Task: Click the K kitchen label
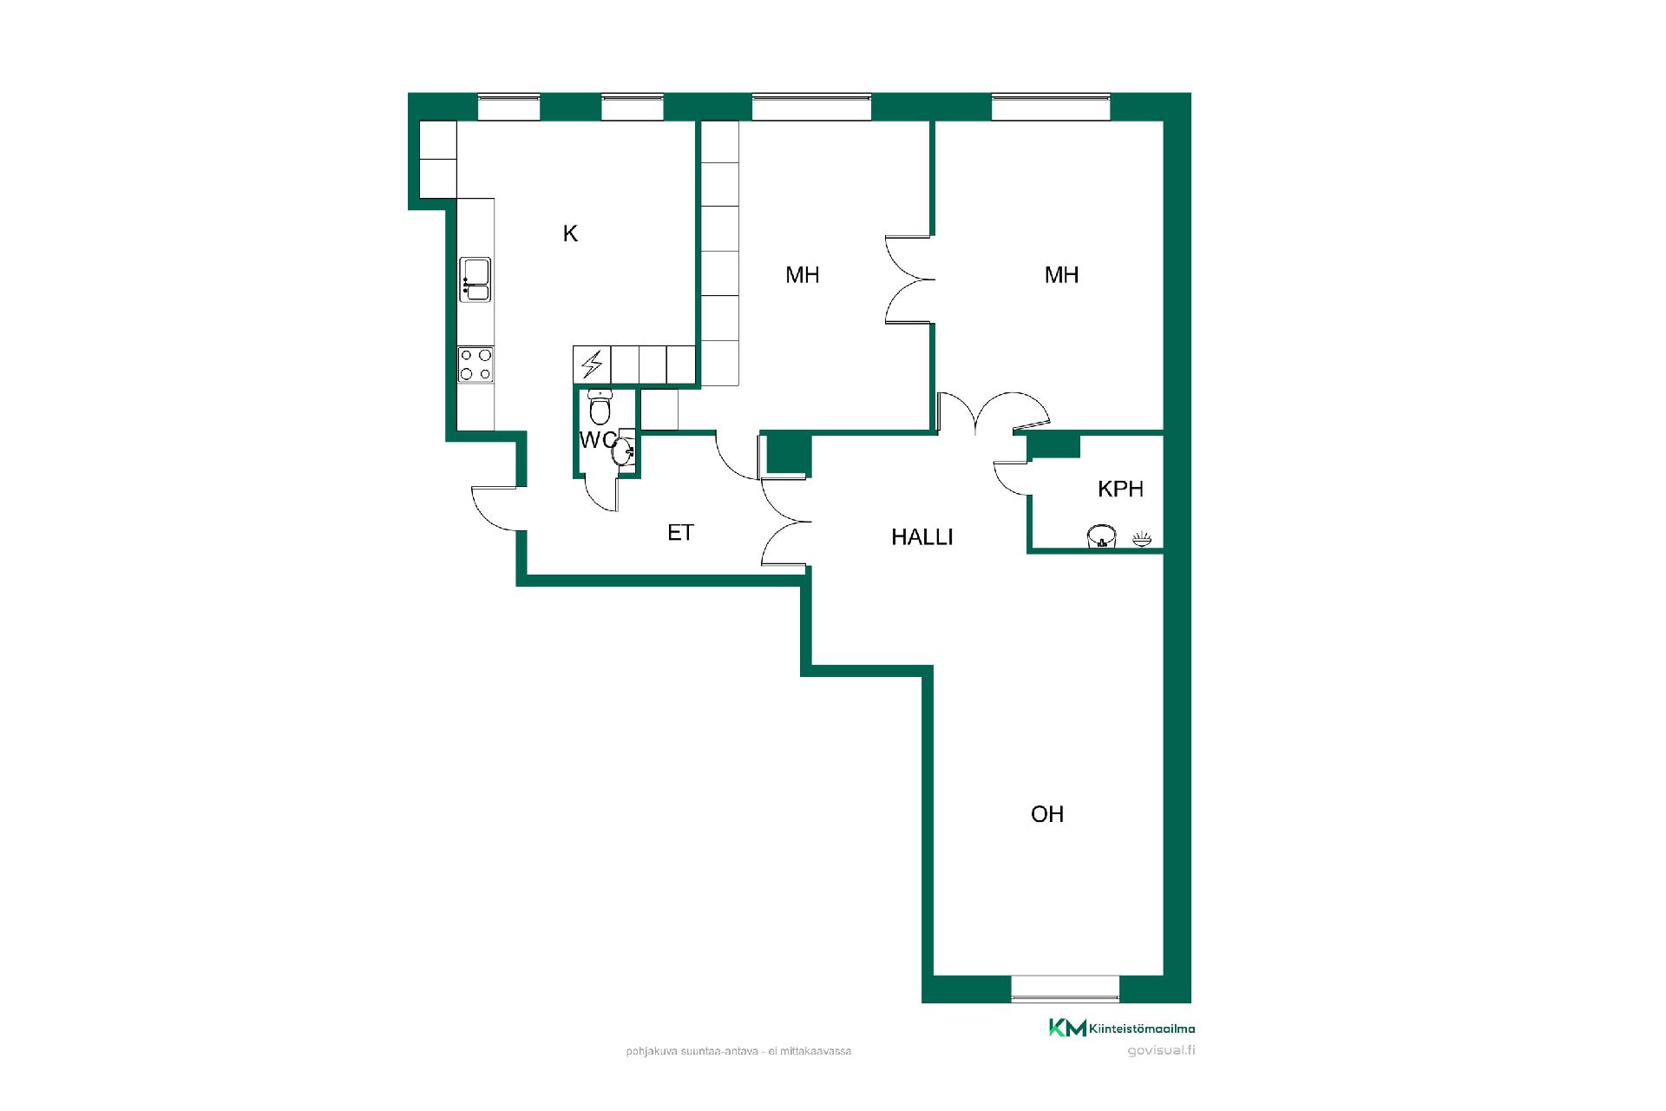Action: (x=570, y=233)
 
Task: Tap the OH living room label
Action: (x=1047, y=814)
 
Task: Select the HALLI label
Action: (x=922, y=537)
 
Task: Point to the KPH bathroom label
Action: (x=1120, y=489)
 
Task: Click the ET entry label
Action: (x=680, y=533)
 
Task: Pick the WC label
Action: (x=598, y=440)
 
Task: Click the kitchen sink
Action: (x=476, y=279)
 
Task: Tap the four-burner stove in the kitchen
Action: (x=476, y=365)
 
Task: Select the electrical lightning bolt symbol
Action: (x=592, y=365)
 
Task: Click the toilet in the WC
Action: (x=600, y=407)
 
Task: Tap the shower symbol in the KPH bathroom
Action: (x=1142, y=540)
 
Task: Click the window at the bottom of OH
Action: (x=1066, y=989)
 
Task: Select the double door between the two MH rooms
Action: (x=909, y=279)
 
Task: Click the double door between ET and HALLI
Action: (x=786, y=521)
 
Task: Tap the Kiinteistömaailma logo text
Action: (x=1141, y=1029)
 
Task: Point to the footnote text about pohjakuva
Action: (x=738, y=1051)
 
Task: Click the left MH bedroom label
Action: (x=803, y=275)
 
